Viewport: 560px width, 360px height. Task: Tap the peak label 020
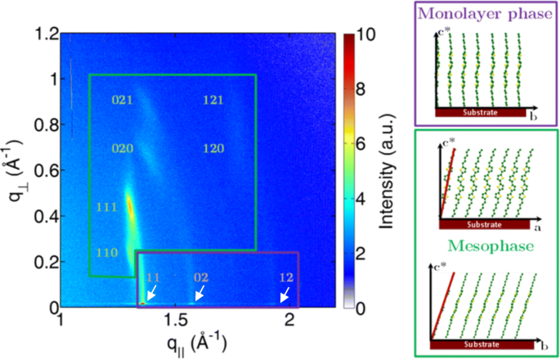coord(122,150)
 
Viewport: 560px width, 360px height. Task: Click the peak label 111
coord(107,205)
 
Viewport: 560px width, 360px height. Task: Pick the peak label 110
coord(107,252)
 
